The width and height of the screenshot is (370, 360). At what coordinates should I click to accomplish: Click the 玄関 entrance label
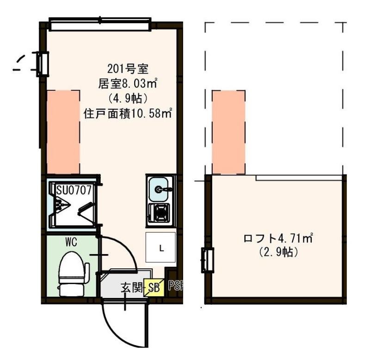pyautogui.click(x=131, y=288)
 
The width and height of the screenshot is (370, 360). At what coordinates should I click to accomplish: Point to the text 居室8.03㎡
pyautogui.click(x=128, y=84)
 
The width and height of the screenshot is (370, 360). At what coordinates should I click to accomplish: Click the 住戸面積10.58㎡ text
pyautogui.click(x=128, y=112)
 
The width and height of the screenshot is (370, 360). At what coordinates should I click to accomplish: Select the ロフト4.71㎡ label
pyautogui.click(x=278, y=239)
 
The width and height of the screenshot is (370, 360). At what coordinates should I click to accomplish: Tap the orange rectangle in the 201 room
pyautogui.click(x=63, y=132)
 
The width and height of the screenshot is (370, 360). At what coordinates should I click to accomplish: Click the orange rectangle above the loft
pyautogui.click(x=228, y=132)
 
